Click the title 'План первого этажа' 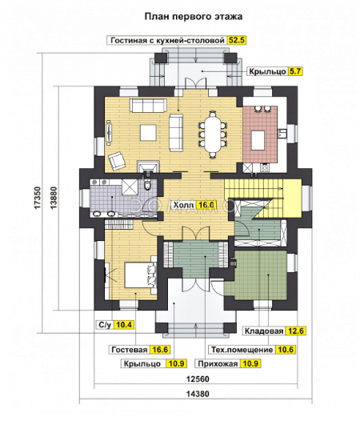click(x=194, y=16)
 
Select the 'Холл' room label click(x=183, y=205)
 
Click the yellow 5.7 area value click(x=295, y=71)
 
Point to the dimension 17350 click(x=38, y=198)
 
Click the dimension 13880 click(x=54, y=198)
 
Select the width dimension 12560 click(x=198, y=379)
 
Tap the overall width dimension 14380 click(x=198, y=394)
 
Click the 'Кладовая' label click(x=264, y=331)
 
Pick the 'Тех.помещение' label click(x=242, y=350)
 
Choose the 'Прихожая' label click(x=218, y=363)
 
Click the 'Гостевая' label click(x=130, y=350)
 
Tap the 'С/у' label click(x=105, y=325)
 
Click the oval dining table click(x=213, y=134)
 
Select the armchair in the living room click(x=117, y=161)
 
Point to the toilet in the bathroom click(x=147, y=184)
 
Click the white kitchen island click(x=258, y=140)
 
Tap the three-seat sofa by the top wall click(x=149, y=106)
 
